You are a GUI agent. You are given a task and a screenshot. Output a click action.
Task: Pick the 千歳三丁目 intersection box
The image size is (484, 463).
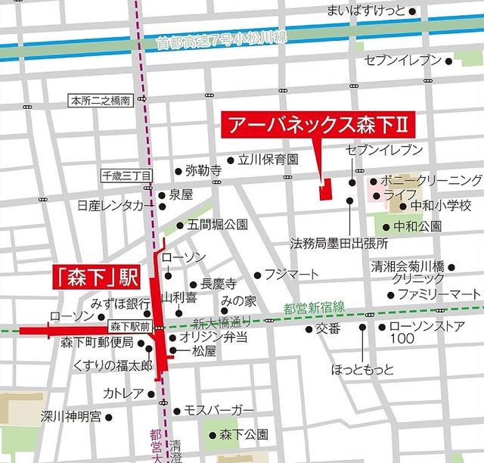point(127,176)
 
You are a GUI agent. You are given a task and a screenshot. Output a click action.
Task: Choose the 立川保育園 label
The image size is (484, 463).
point(268,160)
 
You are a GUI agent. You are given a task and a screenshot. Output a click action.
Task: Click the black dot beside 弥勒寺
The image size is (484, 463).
point(177,170)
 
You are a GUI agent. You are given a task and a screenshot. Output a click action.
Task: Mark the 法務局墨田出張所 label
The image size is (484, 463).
point(339,244)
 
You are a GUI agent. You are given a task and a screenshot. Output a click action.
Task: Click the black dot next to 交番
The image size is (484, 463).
point(309,329)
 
